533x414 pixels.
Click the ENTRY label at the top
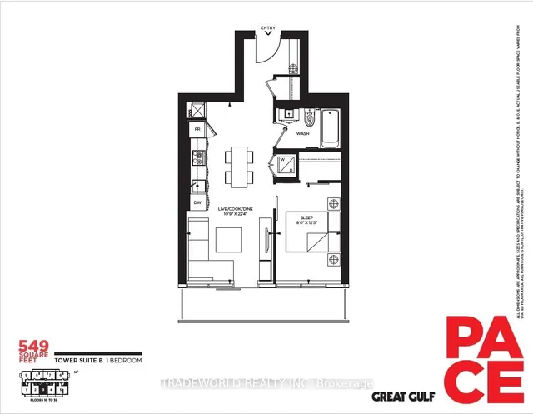[x=267, y=28]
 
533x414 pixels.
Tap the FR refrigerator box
[x=198, y=130]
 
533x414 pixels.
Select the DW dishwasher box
[x=198, y=202]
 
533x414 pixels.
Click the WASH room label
[x=303, y=133]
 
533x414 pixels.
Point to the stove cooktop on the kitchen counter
[x=198, y=156]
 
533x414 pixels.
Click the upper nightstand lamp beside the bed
[x=333, y=202]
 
